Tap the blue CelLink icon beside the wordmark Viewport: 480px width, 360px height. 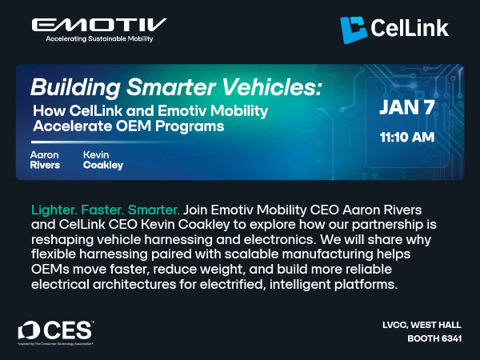coord(354,30)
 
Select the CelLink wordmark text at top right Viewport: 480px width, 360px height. coord(409,30)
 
